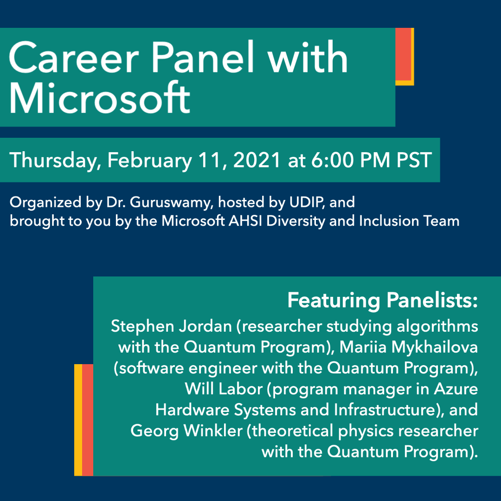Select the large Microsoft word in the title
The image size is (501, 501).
coord(100,97)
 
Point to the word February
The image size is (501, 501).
coord(149,161)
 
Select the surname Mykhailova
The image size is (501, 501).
coord(435,347)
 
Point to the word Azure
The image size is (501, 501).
coord(456,389)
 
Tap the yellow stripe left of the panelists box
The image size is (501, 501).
coord(78,420)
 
